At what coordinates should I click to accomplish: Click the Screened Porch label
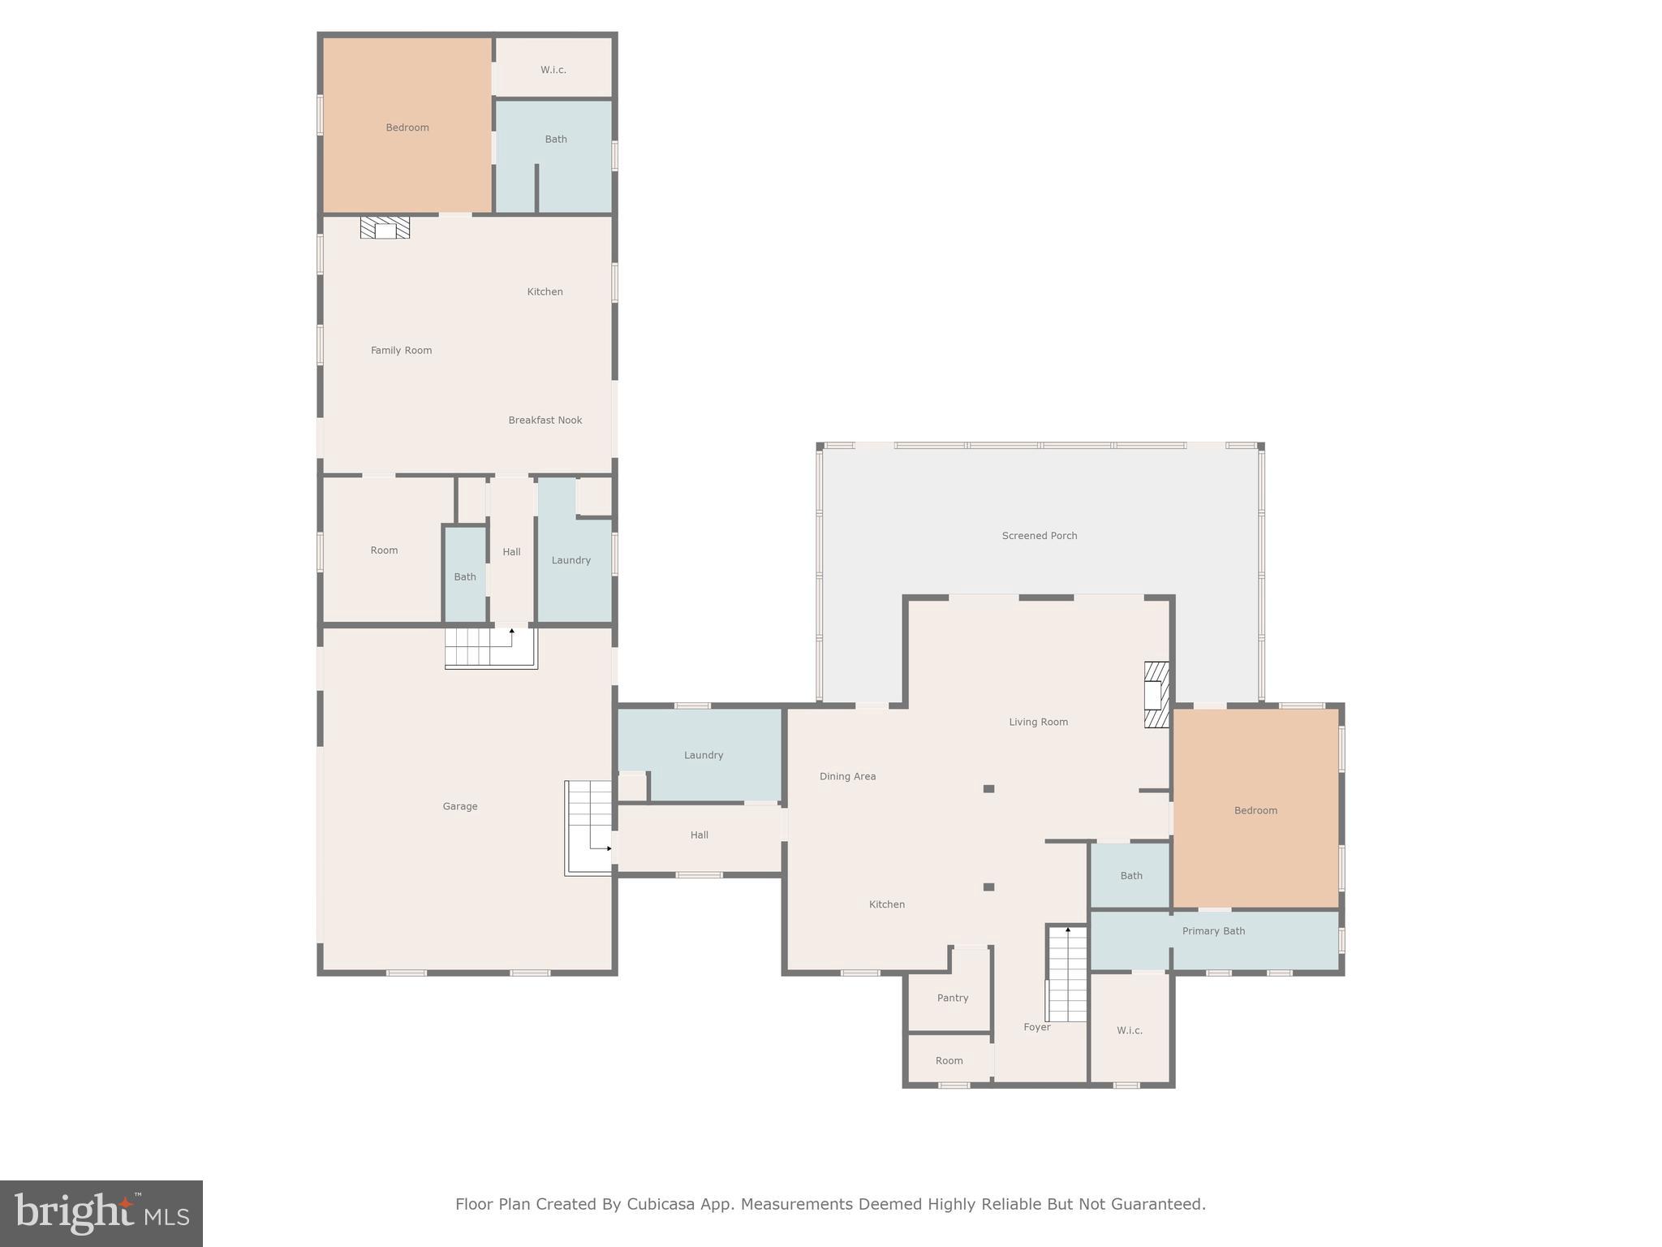pos(1039,536)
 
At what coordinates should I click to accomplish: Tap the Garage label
pos(459,806)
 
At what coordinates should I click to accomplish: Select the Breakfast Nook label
pos(545,420)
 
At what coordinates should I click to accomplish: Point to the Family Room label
pos(401,351)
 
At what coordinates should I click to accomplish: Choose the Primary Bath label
pos(1212,931)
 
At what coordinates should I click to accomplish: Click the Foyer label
pos(1036,1027)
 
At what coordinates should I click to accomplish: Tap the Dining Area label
pos(847,776)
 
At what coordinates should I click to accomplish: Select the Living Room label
pos(1038,722)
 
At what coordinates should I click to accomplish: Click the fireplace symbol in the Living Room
pos(1156,694)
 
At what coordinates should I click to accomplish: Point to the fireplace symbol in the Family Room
pos(385,227)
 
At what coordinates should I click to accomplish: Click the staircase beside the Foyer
pos(1067,974)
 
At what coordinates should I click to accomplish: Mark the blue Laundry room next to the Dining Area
pos(703,755)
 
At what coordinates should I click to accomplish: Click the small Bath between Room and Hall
pos(465,576)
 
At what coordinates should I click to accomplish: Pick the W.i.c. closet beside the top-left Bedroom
pos(553,70)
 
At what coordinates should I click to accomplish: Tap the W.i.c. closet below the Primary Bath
pos(1129,1030)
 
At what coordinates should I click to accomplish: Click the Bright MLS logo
pos(101,1213)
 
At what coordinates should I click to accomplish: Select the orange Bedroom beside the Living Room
pos(1255,809)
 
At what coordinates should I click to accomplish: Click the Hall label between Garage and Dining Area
pos(699,835)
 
